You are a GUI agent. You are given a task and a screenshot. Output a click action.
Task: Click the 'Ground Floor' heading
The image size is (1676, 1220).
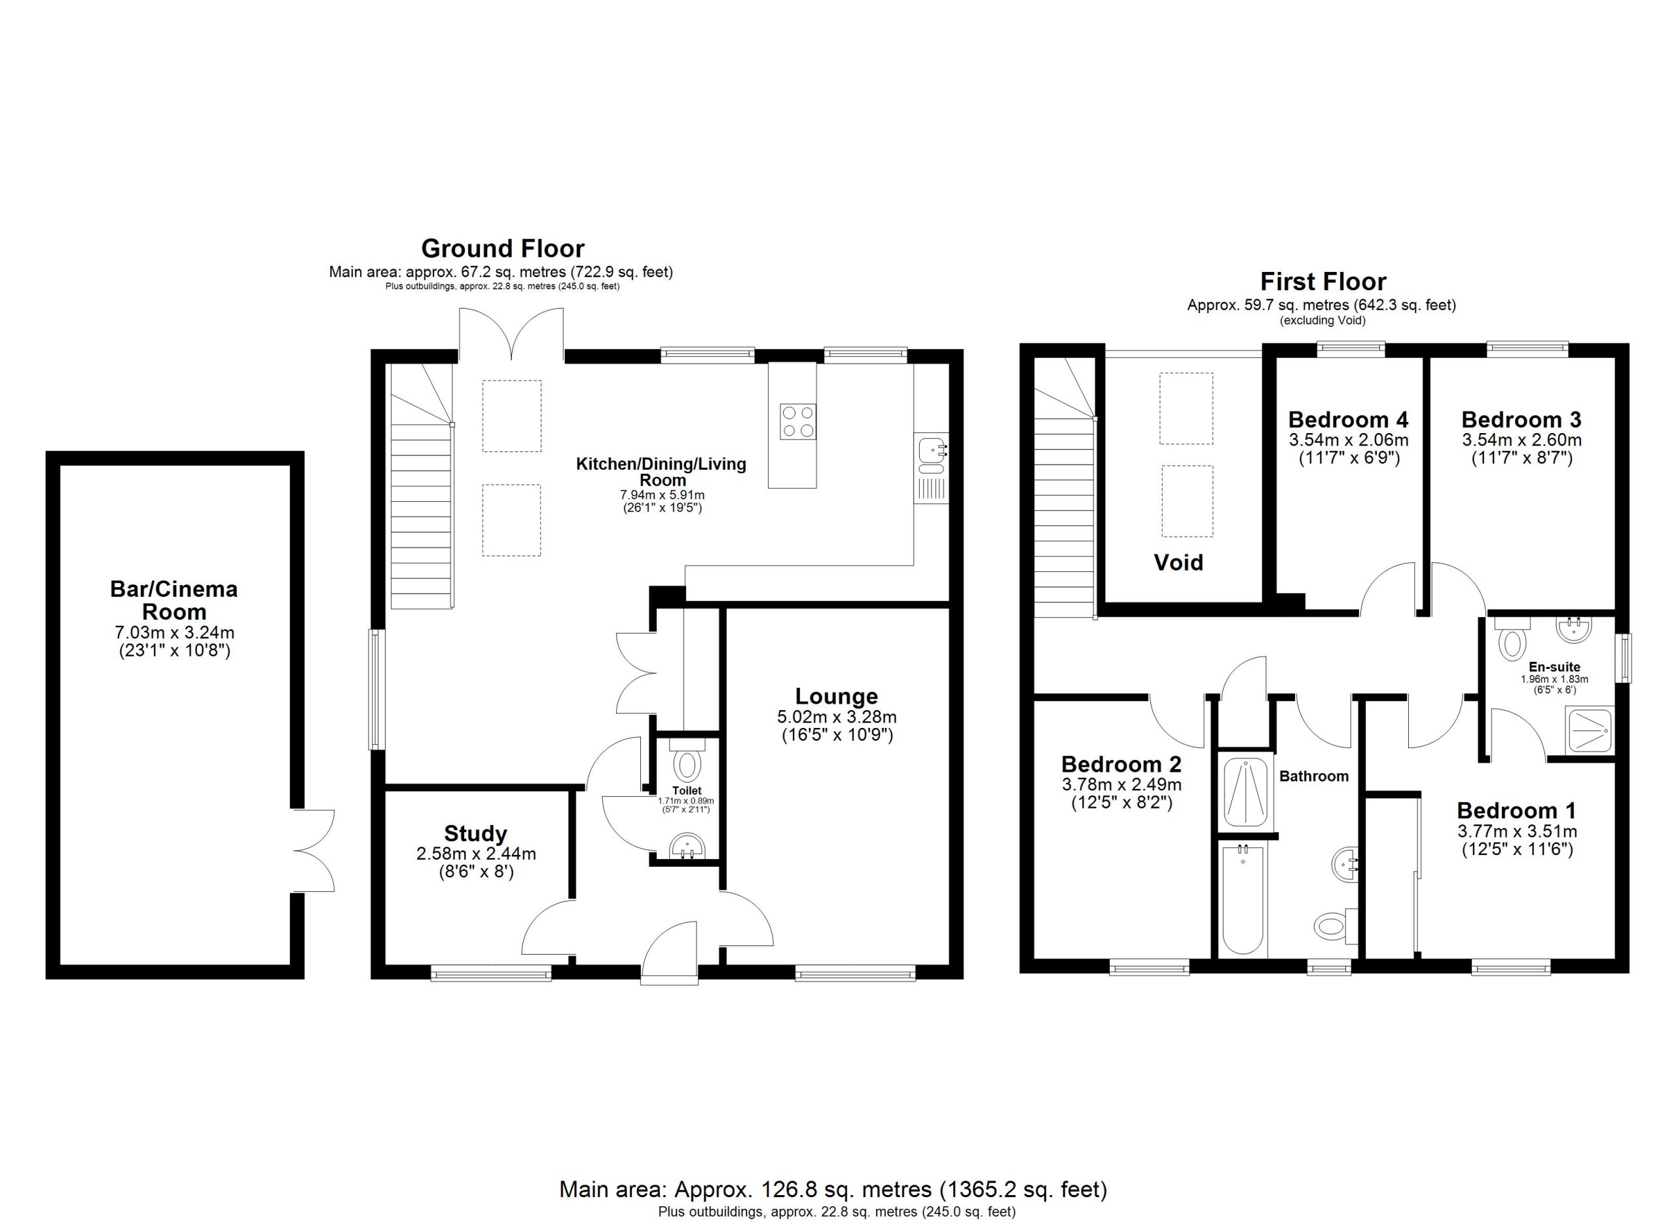click(503, 248)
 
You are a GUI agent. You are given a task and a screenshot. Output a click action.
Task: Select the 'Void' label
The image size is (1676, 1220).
click(1178, 563)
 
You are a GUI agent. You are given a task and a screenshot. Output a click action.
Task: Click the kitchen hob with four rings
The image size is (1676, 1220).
click(798, 421)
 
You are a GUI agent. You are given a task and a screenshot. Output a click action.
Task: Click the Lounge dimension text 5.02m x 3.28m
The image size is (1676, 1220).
click(837, 717)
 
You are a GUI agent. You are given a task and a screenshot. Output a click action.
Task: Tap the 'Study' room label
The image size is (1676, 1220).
click(475, 834)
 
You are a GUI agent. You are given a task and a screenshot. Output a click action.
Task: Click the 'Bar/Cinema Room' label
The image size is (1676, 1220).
click(173, 600)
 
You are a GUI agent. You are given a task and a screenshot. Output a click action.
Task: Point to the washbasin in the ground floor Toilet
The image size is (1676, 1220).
click(687, 847)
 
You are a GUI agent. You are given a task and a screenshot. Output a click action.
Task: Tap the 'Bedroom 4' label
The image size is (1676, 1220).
click(1348, 420)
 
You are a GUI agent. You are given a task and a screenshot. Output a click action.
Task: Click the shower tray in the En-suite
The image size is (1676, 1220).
click(1589, 731)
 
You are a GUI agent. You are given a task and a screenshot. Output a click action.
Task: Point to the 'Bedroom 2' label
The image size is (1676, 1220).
click(1121, 764)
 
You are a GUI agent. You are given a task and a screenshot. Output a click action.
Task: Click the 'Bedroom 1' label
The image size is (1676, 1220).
click(1516, 810)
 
